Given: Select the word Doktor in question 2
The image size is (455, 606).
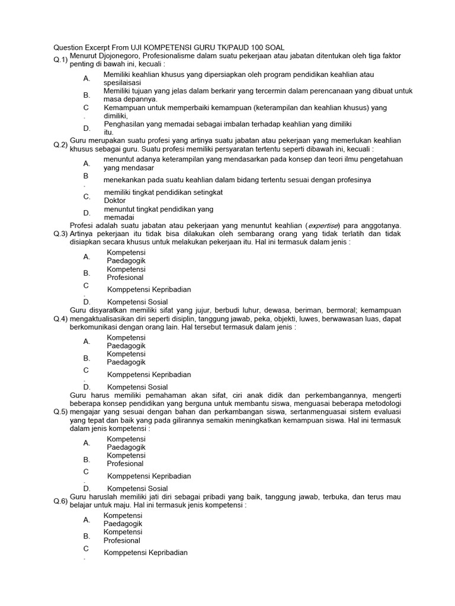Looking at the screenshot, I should [x=114, y=200].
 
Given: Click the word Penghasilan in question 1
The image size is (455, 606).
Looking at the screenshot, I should [x=125, y=124].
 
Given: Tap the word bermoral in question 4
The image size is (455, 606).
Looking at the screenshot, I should [x=340, y=310].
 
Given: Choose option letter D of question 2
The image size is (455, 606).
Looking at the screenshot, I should [x=86, y=213].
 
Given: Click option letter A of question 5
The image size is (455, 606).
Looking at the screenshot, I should [x=86, y=443].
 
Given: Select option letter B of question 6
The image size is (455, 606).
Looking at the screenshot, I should [x=86, y=536].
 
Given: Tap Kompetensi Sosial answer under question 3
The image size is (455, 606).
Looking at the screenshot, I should [x=137, y=302].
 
